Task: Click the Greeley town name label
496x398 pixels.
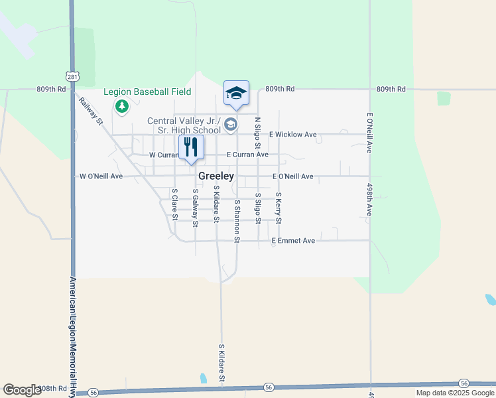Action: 216,176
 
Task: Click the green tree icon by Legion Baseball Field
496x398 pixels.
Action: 121,106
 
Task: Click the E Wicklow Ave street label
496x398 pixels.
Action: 292,134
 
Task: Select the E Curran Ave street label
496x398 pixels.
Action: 247,155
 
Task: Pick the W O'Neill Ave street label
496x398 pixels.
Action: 101,176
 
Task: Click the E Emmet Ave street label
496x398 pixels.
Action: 292,241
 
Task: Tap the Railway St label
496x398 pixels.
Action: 92,111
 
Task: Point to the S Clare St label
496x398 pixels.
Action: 174,204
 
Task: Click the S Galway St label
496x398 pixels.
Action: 195,208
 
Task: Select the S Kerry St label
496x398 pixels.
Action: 279,208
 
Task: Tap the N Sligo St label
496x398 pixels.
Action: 258,133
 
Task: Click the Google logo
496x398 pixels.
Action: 22,390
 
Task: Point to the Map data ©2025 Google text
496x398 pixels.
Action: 455,393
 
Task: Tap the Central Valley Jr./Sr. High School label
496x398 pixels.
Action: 184,125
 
